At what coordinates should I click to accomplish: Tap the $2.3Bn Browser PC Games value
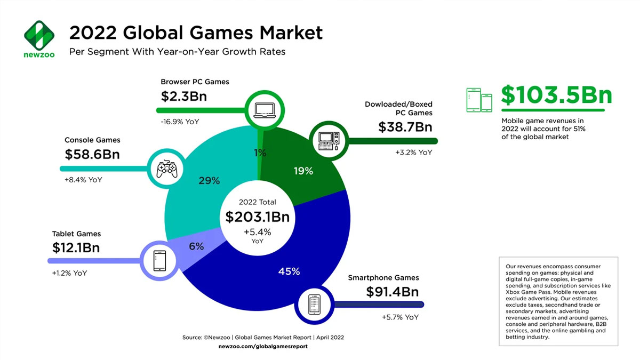(183, 97)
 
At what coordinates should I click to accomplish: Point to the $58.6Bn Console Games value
(92, 155)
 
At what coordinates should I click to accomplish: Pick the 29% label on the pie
(209, 181)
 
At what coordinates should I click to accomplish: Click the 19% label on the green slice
(303, 171)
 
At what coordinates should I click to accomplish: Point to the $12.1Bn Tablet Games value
(76, 248)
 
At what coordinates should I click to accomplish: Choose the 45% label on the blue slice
(289, 271)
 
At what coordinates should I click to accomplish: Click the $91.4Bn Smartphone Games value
(392, 292)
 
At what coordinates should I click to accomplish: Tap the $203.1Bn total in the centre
(257, 217)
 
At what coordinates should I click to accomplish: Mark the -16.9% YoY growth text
(180, 122)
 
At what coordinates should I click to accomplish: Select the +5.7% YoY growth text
(400, 317)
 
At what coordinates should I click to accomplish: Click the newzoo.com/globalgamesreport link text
(263, 347)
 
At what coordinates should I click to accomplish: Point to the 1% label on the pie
(260, 153)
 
